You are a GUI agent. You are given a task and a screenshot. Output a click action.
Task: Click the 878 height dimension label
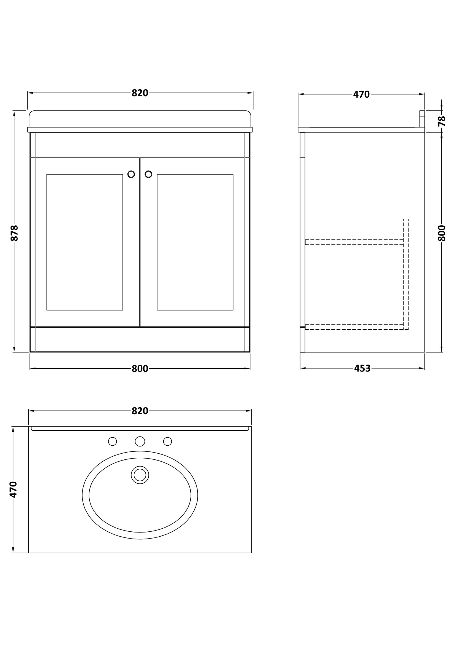pyautogui.click(x=14, y=233)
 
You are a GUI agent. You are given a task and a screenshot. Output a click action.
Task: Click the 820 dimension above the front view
pyautogui.click(x=140, y=93)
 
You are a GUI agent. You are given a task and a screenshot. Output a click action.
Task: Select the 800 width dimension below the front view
pyautogui.click(x=140, y=369)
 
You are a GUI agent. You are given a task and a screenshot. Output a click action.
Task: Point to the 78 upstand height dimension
pyautogui.click(x=442, y=121)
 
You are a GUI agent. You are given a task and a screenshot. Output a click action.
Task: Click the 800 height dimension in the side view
pyautogui.click(x=442, y=233)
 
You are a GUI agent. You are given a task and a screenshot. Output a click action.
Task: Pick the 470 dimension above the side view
pyautogui.click(x=361, y=94)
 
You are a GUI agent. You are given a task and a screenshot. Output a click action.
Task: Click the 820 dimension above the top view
pyautogui.click(x=140, y=411)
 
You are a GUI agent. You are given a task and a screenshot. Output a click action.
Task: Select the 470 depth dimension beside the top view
pyautogui.click(x=13, y=489)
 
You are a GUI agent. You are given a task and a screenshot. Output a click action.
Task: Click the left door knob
pyautogui.click(x=131, y=174)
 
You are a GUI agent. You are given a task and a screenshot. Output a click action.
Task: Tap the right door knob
pyautogui.click(x=148, y=174)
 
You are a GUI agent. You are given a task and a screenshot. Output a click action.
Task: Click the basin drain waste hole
pyautogui.click(x=140, y=475)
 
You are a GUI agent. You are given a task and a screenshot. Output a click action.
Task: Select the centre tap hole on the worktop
pyautogui.click(x=140, y=441)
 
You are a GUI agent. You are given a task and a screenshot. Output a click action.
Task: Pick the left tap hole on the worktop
pyautogui.click(x=112, y=441)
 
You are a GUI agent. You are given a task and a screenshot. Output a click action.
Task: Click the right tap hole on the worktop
pyautogui.click(x=167, y=441)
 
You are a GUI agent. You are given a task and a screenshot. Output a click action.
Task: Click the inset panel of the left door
pyautogui.click(x=85, y=242)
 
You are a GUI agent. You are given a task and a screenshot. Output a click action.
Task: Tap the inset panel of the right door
pyautogui.click(x=195, y=242)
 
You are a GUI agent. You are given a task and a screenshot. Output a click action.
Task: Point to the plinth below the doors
pyautogui.click(x=140, y=339)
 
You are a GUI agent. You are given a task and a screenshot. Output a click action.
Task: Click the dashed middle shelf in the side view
pyautogui.click(x=354, y=242)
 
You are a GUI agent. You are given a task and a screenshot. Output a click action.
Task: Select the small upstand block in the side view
pyautogui.click(x=422, y=119)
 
